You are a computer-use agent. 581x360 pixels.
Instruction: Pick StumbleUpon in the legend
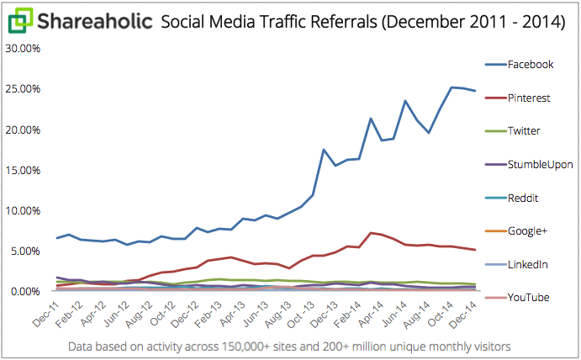[x=541, y=165]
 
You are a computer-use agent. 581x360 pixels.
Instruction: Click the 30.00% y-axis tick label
[x=23, y=49]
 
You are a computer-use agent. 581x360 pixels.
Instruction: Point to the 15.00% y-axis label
[x=23, y=170]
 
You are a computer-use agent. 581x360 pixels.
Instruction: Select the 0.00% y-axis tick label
[x=25, y=291]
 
